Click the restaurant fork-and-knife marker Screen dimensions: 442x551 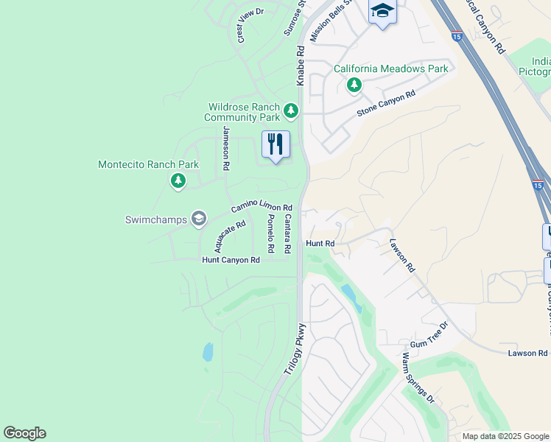tap(275, 144)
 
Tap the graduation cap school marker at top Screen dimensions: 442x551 tap(382, 12)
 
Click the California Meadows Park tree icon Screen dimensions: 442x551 tap(354, 85)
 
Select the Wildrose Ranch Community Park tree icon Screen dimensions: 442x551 tap(291, 111)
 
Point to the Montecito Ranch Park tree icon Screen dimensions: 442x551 tap(178, 180)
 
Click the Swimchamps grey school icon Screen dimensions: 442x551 tap(198, 219)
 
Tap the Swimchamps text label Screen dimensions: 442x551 tap(155, 220)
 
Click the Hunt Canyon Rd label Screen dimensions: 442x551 tap(231, 260)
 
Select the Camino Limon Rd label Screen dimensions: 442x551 tap(262, 209)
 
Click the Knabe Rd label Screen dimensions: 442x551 tap(301, 66)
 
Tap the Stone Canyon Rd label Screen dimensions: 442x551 tap(386, 103)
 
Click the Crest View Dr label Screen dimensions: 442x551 tap(250, 24)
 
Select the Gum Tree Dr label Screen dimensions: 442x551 tap(429, 335)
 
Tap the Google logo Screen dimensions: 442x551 tap(24, 433)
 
